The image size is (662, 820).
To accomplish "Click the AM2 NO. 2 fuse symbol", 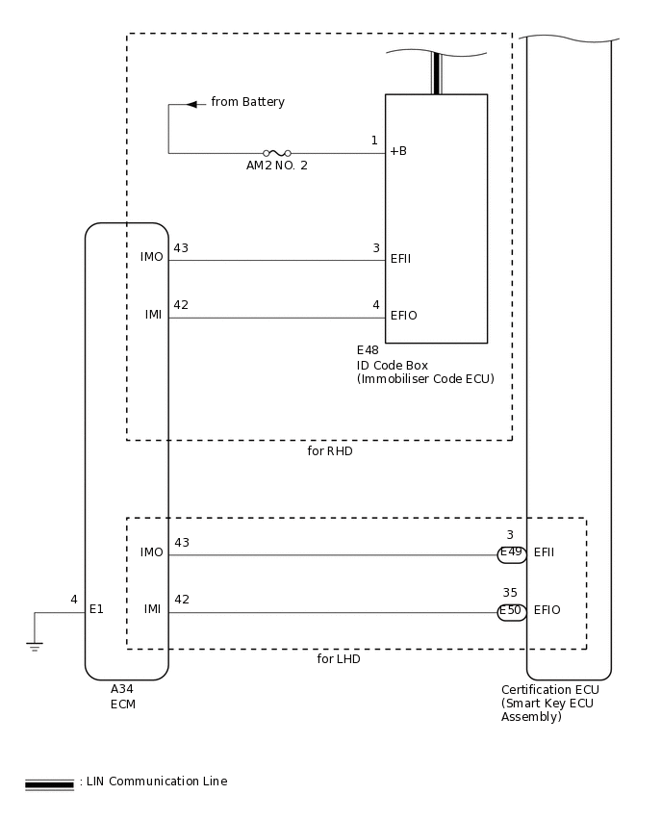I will [277, 153].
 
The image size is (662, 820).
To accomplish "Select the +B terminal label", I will [398, 151].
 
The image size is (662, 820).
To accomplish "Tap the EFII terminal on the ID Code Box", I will [401, 259].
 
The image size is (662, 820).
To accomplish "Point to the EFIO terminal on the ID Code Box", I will [403, 316].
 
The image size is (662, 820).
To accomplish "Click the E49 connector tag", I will [511, 553].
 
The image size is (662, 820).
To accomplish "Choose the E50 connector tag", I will [511, 611].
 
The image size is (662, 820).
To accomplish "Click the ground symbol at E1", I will [35, 645].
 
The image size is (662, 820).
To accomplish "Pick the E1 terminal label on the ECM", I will [96, 609].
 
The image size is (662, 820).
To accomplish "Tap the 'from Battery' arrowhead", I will [191, 103].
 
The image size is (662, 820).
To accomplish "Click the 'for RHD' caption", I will [323, 450].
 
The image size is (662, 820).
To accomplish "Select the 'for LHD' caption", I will [339, 659].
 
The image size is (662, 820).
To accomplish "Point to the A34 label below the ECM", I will [122, 689].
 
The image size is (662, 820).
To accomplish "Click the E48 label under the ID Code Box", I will [368, 350].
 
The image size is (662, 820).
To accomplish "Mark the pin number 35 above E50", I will [510, 593].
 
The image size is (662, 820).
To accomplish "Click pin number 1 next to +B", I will [374, 141].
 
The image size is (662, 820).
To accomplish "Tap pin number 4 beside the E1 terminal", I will [74, 600].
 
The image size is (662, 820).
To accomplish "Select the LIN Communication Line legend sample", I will [49, 784].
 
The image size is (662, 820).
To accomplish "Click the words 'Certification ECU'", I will [549, 690].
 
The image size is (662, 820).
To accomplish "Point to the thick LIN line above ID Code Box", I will [436, 73].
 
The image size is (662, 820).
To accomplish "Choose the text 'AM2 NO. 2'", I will [277, 166].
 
